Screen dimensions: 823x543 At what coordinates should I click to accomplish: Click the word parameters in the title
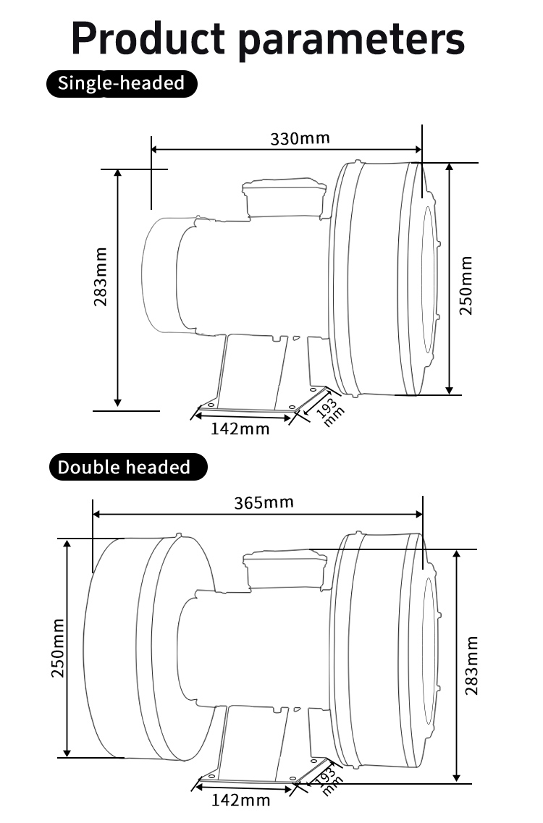pos(351,40)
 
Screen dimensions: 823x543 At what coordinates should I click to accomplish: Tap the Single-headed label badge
pos(121,83)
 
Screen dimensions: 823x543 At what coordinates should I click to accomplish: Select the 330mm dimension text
pos(300,138)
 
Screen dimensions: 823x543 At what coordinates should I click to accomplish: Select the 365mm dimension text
pos(264,502)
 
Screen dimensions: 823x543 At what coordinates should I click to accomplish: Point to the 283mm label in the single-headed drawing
pos(101,277)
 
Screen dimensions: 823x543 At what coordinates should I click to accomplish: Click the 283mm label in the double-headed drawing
pos(471,664)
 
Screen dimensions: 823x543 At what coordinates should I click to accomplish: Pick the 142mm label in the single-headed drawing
pos(240,429)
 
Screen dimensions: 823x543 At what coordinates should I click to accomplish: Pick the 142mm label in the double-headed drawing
pos(240,800)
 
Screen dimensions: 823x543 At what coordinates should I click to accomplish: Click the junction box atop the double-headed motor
pos(285,568)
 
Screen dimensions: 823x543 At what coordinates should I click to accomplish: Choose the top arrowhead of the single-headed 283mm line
pos(118,174)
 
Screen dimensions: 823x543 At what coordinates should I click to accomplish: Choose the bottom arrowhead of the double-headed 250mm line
pos(67,753)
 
